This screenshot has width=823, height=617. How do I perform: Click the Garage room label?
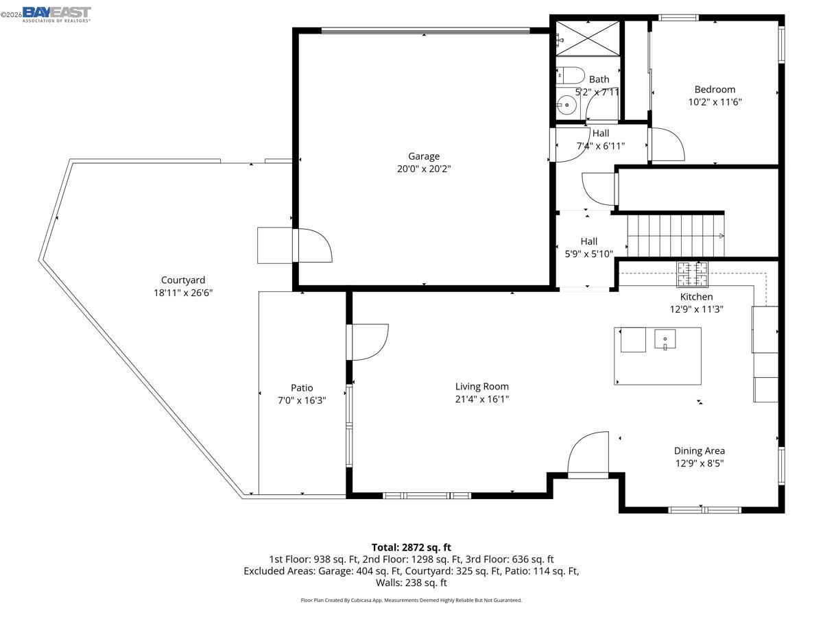[424, 156]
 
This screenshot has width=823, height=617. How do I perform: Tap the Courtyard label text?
[183, 280]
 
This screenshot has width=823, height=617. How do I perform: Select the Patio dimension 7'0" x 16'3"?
[302, 400]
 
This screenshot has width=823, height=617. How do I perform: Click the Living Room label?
[482, 387]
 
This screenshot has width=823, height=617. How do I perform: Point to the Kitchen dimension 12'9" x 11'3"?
[696, 309]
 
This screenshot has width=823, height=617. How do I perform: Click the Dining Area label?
[699, 450]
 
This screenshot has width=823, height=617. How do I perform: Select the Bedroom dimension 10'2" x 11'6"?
[715, 102]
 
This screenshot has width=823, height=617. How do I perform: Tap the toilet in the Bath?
[569, 74]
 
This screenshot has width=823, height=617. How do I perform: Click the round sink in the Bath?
[567, 106]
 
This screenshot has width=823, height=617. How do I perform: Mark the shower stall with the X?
[587, 38]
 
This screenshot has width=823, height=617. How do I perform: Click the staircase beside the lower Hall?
[675, 236]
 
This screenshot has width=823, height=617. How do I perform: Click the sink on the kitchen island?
[665, 339]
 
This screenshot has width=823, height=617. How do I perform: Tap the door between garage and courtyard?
[313, 245]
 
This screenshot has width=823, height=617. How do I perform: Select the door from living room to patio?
[368, 341]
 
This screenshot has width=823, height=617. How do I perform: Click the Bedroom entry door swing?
[667, 145]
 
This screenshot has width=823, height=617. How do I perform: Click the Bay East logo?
[56, 14]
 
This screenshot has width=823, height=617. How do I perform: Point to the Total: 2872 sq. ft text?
[411, 547]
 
